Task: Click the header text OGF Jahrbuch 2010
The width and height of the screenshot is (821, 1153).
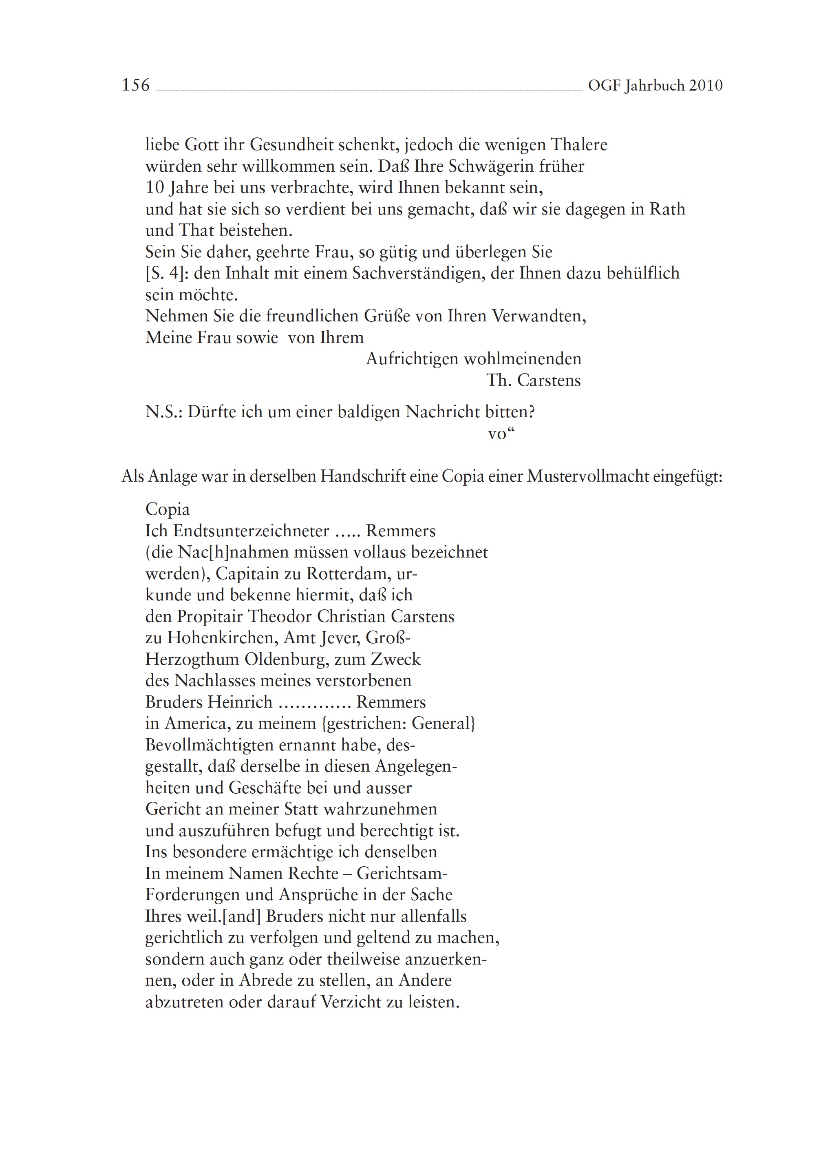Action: point(655,86)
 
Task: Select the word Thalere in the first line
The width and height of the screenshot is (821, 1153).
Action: point(578,145)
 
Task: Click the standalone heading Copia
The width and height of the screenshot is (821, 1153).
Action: point(167,509)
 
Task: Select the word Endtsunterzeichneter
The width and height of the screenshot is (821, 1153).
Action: point(251,531)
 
